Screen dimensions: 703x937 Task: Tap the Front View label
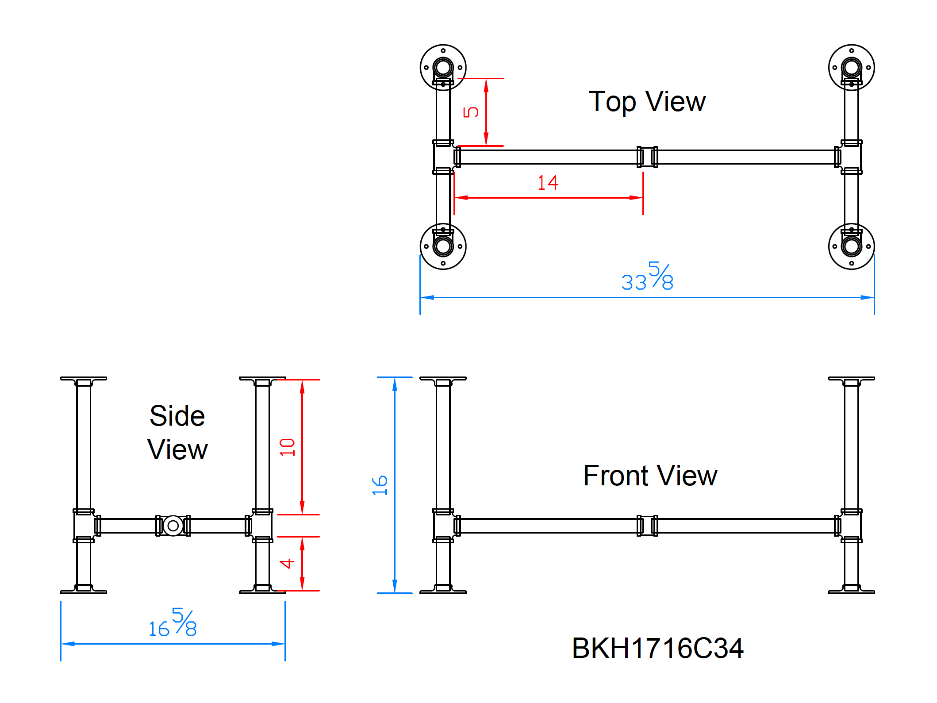pos(649,476)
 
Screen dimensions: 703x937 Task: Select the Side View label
pos(177,433)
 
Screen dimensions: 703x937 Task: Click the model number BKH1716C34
pos(657,648)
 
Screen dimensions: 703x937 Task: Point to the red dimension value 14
pos(548,183)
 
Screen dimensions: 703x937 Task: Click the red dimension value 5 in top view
pos(471,112)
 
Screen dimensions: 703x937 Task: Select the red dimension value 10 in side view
pos(287,447)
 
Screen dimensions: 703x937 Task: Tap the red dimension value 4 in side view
pos(287,563)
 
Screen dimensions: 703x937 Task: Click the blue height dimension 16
pos(380,485)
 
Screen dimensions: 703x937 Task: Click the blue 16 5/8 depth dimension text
pos(173,623)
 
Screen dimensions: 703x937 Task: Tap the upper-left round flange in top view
pos(443,68)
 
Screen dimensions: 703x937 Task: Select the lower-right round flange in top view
pos(851,246)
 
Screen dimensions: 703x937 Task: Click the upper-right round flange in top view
pos(851,68)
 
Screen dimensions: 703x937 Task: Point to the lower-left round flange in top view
pos(443,246)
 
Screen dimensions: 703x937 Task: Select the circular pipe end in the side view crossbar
pos(173,526)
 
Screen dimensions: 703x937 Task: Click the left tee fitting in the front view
pos(443,526)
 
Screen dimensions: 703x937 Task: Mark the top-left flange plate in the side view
pos(84,379)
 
